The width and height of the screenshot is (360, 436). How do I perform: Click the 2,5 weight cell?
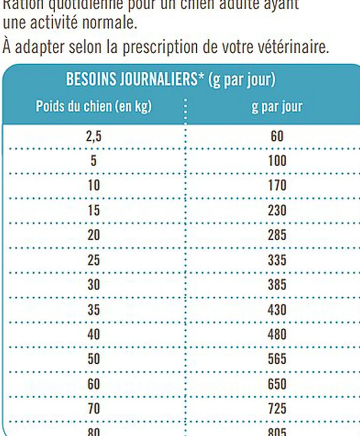click(94, 137)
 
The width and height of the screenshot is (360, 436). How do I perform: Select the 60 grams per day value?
click(277, 137)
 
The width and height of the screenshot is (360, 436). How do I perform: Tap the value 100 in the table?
click(277, 161)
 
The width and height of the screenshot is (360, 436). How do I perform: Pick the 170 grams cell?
click(277, 185)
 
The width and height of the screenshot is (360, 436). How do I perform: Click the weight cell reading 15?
click(94, 211)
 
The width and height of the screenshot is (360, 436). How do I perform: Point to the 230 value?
click(277, 211)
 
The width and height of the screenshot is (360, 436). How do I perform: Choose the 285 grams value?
click(277, 235)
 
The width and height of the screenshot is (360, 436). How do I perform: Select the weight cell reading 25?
click(94, 260)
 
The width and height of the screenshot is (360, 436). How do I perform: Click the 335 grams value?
click(277, 260)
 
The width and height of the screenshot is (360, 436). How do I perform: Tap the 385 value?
click(277, 285)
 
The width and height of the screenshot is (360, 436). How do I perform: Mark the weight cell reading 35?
click(94, 310)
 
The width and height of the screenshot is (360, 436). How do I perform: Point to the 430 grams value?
click(277, 310)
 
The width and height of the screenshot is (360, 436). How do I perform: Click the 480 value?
click(277, 334)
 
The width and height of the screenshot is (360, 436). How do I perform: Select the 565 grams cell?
click(277, 359)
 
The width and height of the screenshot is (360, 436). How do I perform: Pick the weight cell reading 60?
click(94, 384)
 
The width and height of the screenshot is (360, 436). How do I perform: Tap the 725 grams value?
click(277, 409)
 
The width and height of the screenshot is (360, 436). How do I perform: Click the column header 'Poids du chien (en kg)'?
click(94, 107)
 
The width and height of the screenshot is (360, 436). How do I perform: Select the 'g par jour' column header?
click(277, 107)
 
